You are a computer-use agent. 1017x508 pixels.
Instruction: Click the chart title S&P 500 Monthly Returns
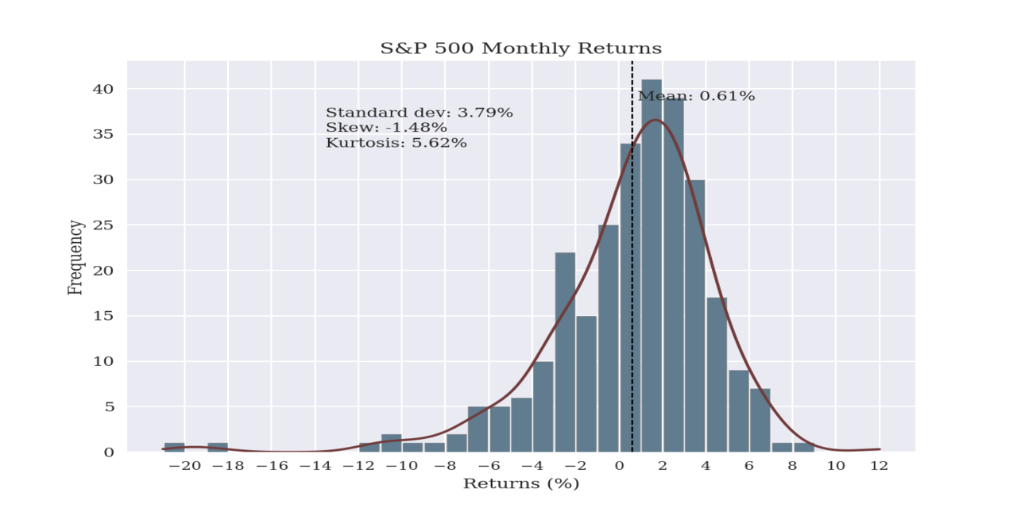click(520, 48)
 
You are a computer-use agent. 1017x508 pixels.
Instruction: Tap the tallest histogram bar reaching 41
click(652, 266)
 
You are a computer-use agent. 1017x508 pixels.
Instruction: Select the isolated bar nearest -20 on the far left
click(174, 448)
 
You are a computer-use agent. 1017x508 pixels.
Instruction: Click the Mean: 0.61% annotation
click(696, 96)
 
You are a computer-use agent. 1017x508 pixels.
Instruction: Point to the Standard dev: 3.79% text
click(419, 113)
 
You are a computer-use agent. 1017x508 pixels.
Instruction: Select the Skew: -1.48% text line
click(386, 128)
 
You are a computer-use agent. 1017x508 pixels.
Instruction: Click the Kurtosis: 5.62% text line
click(396, 143)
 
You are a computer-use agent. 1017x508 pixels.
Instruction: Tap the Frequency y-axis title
click(75, 258)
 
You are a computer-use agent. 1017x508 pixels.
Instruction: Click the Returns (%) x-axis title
click(520, 483)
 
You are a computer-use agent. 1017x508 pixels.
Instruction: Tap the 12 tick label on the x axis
click(879, 467)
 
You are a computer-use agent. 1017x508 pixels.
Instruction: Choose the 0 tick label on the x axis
click(619, 467)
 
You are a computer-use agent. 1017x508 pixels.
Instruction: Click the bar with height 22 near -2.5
click(565, 352)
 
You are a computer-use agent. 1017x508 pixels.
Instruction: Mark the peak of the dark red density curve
click(655, 120)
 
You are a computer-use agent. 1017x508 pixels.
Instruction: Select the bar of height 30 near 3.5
click(694, 316)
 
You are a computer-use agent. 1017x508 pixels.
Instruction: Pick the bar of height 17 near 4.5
click(716, 375)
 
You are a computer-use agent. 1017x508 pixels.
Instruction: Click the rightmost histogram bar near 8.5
click(803, 448)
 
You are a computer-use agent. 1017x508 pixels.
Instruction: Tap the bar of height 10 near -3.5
click(543, 406)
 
